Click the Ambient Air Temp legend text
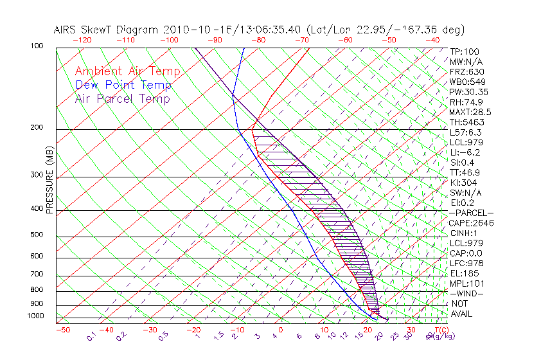[x=127, y=72]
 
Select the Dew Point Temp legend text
[x=123, y=85]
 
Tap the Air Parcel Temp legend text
[x=122, y=99]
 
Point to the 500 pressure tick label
[x=37, y=235]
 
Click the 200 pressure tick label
[x=37, y=128]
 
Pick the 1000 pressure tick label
[x=36, y=316]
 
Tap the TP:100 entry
[x=464, y=51]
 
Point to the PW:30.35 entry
[x=468, y=92]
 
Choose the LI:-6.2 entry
[x=465, y=152]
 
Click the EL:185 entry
[x=464, y=273]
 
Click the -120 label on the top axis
[x=82, y=40]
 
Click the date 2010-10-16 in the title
[x=191, y=30]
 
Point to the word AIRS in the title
[x=67, y=30]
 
